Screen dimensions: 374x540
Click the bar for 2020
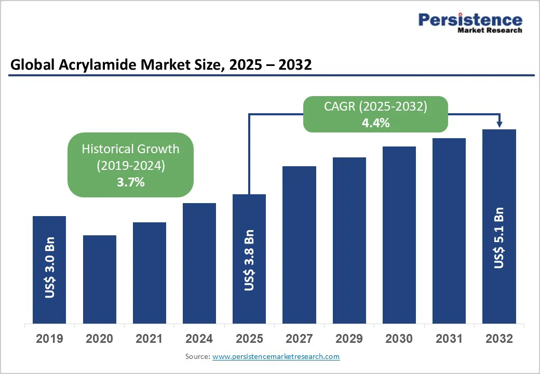coord(99,279)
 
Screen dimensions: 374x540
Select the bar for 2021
coord(150,273)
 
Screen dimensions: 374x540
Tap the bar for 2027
coord(299,245)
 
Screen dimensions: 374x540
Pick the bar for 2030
coord(399,235)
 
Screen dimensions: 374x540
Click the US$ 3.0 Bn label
coord(50,268)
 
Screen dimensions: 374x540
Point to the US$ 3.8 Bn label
coord(249,260)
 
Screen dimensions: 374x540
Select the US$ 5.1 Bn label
coord(499,237)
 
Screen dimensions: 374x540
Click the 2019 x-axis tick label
coord(49,339)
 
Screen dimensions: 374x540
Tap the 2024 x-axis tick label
coord(199,339)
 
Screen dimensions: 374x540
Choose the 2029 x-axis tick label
coord(349,339)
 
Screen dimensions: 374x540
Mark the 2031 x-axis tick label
coord(449,339)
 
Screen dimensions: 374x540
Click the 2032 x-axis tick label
coord(499,339)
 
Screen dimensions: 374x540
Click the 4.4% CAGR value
coord(375,124)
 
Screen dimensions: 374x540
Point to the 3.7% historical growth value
coord(130,182)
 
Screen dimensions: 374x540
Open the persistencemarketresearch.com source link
coord(276,356)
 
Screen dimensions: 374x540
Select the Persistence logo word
coord(470,20)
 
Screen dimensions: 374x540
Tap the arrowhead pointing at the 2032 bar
coord(500,124)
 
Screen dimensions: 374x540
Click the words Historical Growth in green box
coord(130,149)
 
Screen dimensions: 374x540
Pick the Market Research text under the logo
coord(489,31)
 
